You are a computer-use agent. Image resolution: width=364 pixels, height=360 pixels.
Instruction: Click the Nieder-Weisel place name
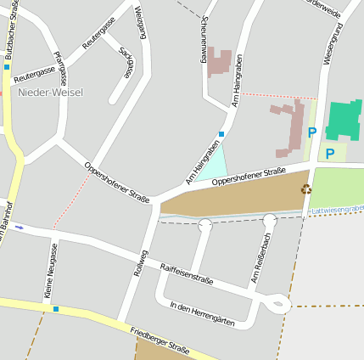[x=50, y=92]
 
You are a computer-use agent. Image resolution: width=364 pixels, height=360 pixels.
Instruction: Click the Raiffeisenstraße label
[x=187, y=273]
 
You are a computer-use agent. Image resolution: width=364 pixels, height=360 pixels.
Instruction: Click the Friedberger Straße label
[x=160, y=338]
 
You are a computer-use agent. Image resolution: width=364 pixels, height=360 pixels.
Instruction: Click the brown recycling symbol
[x=306, y=189]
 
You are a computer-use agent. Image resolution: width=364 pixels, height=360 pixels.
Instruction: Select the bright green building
[x=344, y=121]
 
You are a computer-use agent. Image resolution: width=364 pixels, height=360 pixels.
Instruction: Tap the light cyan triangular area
[x=213, y=164]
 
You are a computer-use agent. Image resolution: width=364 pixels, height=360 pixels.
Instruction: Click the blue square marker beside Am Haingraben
[x=221, y=134]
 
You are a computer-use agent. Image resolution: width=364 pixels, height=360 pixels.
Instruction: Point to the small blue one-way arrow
[x=20, y=228]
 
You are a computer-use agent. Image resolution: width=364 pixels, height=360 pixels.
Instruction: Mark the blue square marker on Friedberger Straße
[x=56, y=309]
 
